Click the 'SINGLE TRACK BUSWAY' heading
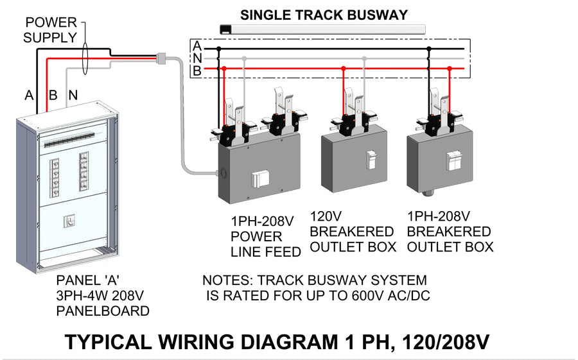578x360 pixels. (324, 15)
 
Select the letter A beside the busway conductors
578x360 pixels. (197, 46)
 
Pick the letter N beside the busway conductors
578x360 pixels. (197, 58)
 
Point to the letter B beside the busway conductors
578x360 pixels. (197, 71)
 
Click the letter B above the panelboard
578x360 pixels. (53, 95)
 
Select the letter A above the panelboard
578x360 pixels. (29, 95)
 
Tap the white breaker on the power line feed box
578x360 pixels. (259, 182)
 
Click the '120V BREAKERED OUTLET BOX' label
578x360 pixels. (352, 231)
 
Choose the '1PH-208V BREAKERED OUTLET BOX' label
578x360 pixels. (450, 231)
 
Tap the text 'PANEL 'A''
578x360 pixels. (87, 280)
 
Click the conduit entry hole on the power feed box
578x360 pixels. (222, 172)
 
